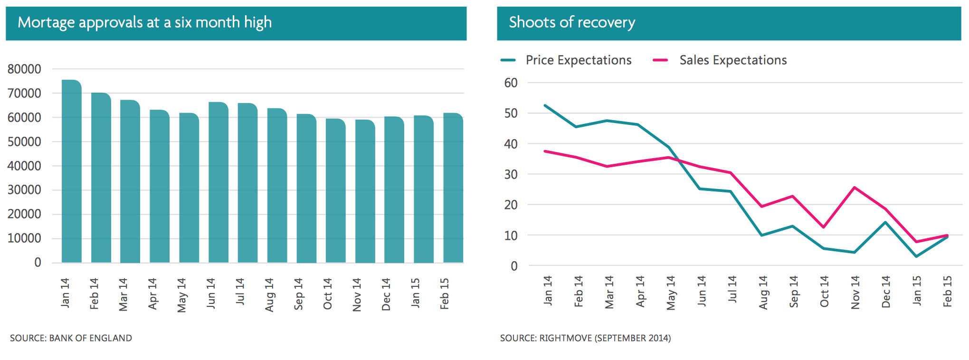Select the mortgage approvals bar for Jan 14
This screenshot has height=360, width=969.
tap(72, 171)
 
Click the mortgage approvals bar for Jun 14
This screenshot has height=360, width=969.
tap(218, 182)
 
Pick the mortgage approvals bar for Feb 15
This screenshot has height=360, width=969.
tap(453, 188)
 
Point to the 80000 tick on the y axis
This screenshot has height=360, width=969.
tap(24, 69)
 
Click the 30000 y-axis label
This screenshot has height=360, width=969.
tap(24, 190)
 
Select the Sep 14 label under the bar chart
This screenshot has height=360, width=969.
tap(298, 294)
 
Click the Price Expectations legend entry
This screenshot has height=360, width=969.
tap(578, 60)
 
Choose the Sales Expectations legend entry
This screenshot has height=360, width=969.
tap(732, 60)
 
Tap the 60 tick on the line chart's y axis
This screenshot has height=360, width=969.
tap(511, 83)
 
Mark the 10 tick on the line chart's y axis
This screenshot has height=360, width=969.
tap(511, 236)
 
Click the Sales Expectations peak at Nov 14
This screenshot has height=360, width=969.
tap(855, 188)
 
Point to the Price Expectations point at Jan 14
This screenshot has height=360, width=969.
tap(545, 105)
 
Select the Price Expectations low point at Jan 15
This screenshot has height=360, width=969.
tap(916, 256)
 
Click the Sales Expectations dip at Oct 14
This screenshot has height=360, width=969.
tap(824, 227)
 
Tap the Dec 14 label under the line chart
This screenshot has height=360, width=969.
tap(886, 292)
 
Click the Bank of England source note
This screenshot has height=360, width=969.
tap(71, 338)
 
